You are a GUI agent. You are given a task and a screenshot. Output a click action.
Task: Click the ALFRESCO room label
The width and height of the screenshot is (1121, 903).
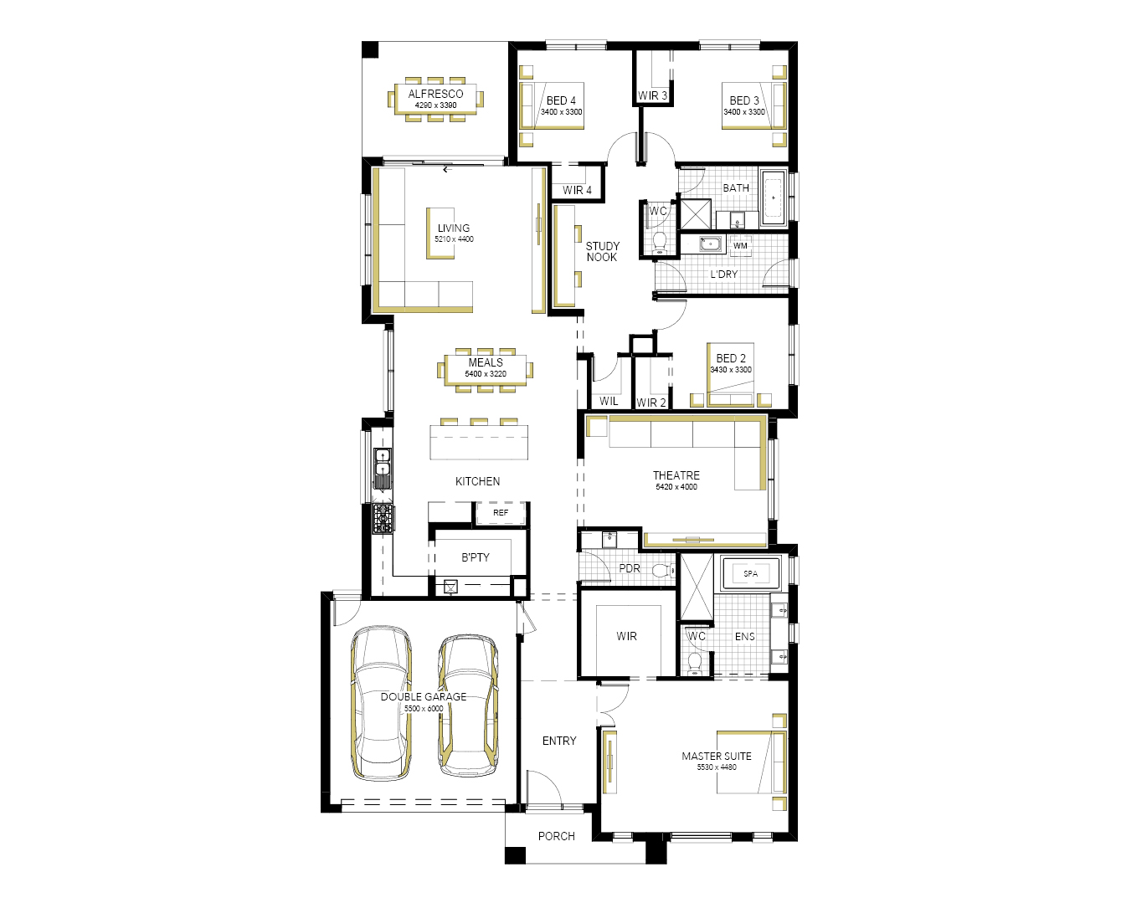pyautogui.click(x=435, y=94)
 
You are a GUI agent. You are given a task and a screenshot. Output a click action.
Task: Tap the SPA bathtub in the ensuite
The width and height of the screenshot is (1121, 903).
pyautogui.click(x=750, y=573)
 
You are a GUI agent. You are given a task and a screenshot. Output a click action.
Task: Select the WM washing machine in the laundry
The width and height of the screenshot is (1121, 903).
pyautogui.click(x=740, y=246)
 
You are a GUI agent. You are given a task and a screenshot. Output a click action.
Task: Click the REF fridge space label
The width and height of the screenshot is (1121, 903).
pyautogui.click(x=500, y=512)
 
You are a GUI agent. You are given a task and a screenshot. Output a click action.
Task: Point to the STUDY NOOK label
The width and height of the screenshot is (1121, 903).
pyautogui.click(x=602, y=252)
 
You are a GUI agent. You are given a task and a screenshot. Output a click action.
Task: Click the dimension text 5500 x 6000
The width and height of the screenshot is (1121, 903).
pyautogui.click(x=424, y=708)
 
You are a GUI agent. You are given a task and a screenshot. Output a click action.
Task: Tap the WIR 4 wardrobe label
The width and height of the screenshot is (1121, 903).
pyautogui.click(x=577, y=190)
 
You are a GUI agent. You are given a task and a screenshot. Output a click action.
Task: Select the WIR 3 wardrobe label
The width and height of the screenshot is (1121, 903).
pyautogui.click(x=652, y=95)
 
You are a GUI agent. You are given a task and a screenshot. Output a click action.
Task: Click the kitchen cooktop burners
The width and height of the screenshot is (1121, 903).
pyautogui.click(x=383, y=519)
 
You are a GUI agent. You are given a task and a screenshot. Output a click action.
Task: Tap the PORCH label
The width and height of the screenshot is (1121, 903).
pyautogui.click(x=557, y=836)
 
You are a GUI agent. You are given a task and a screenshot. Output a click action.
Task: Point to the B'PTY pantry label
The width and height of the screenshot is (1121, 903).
pyautogui.click(x=475, y=557)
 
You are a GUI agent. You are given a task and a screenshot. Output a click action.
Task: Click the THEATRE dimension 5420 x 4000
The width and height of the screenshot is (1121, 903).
pyautogui.click(x=676, y=487)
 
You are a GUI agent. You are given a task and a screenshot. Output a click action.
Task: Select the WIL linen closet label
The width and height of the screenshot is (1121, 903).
pyautogui.click(x=609, y=401)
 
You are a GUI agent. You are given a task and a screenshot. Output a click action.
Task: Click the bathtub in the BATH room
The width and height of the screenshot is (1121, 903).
pyautogui.click(x=774, y=197)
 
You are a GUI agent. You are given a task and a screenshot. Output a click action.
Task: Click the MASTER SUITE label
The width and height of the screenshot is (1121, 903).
pyautogui.click(x=717, y=756)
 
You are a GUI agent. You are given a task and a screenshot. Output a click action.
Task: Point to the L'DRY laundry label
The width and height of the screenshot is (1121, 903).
pyautogui.click(x=724, y=274)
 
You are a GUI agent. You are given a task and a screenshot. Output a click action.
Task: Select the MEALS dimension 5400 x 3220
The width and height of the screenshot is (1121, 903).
pyautogui.click(x=486, y=374)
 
